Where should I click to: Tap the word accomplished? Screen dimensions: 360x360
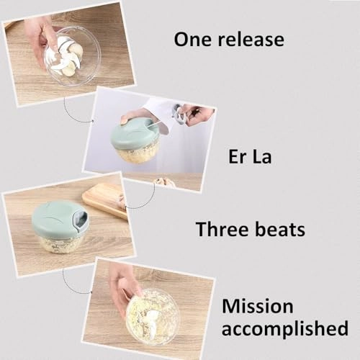pos(285,328)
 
